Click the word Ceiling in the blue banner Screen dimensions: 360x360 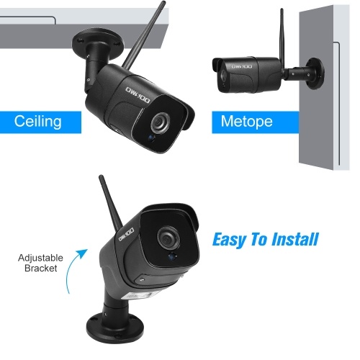[37, 121]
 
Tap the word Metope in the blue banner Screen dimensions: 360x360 [246, 122]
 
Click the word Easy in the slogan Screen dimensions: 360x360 [229, 240]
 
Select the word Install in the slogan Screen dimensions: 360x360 [295, 239]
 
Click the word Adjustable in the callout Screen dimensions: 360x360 [40, 258]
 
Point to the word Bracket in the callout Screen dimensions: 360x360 [41, 268]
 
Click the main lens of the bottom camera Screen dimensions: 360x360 [169, 238]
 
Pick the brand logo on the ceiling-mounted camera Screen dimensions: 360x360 [138, 95]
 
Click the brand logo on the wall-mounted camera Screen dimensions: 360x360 [242, 66]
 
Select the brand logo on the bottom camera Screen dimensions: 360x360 [126, 235]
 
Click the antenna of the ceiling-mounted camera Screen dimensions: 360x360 [143, 36]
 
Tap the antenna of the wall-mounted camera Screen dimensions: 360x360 [282, 35]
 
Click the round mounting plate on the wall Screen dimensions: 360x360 [315, 73]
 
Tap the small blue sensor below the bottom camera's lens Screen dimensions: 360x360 [172, 256]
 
